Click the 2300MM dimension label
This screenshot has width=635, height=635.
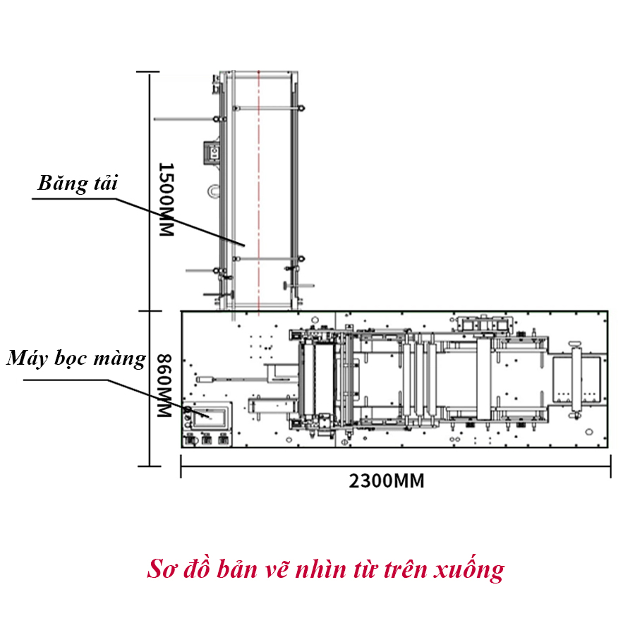[x=387, y=481]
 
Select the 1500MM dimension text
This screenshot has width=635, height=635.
[x=165, y=200]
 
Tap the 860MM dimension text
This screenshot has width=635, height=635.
[x=164, y=386]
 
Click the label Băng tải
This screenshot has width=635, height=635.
[x=78, y=183]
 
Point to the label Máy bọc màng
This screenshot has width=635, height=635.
[x=76, y=358]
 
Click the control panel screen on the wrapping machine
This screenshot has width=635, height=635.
[x=212, y=416]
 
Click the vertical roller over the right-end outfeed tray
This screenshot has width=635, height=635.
[x=576, y=377]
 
